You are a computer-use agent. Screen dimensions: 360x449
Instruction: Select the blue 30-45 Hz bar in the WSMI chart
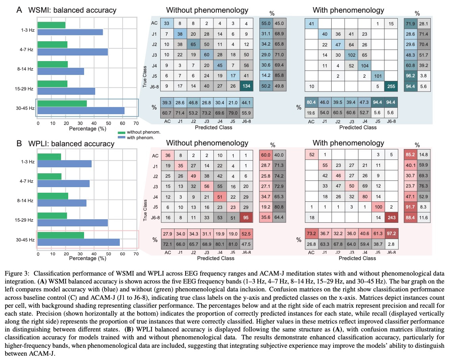pyautogui.click(x=81, y=111)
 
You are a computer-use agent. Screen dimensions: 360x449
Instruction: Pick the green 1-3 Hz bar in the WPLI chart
pyautogui.click(x=50, y=157)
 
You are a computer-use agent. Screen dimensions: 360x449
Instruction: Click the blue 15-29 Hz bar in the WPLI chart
pyautogui.click(x=73, y=223)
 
